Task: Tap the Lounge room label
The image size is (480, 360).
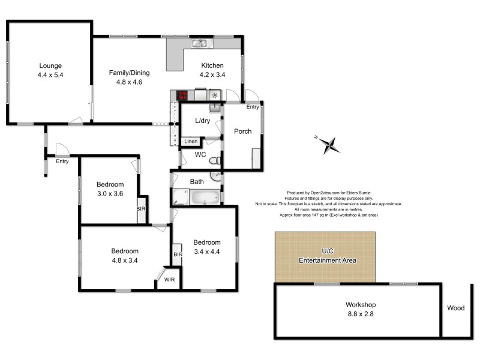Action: (x=50, y=65)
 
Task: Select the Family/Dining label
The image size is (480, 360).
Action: (x=129, y=73)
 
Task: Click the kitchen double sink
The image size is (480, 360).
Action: (x=199, y=43)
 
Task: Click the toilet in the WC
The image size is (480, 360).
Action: (x=217, y=160)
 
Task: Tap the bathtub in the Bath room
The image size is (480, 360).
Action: (x=204, y=197)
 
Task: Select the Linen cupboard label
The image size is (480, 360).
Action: (x=191, y=142)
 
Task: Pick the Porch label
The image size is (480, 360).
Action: (x=242, y=131)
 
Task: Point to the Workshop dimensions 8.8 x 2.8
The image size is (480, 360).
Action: (x=360, y=314)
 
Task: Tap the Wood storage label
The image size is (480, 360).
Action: (x=455, y=308)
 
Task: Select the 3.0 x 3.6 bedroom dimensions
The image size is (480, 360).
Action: (x=110, y=194)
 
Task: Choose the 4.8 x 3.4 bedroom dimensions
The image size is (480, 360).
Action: (x=125, y=260)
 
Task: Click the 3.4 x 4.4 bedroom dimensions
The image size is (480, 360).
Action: (x=207, y=252)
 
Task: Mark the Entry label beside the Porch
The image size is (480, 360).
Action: (x=252, y=107)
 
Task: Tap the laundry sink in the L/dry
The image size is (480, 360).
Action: (x=215, y=108)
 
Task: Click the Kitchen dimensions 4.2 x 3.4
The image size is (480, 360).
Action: (x=212, y=75)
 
